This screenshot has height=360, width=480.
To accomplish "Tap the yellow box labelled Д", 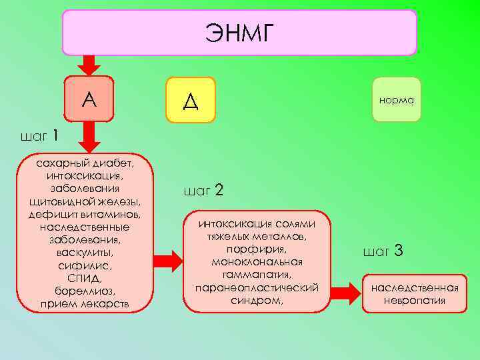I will [x=191, y=100].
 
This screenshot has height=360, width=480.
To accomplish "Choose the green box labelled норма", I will [x=396, y=100].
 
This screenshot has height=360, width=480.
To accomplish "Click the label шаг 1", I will [x=40, y=136].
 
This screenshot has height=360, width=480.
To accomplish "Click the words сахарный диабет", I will [x=85, y=163].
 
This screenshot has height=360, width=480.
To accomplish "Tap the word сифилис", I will [x=85, y=265].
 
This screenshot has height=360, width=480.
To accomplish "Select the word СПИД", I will [x=85, y=278].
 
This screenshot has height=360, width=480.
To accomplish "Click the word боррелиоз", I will [x=85, y=291].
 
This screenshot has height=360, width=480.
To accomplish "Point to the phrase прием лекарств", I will [x=85, y=304].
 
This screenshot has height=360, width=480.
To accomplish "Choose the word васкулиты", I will [x=85, y=253].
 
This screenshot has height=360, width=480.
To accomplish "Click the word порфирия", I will [x=257, y=249].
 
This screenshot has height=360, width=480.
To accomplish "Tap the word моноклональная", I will [x=257, y=262].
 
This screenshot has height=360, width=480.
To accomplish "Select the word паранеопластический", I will [x=257, y=287].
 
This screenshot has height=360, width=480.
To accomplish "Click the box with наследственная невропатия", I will [x=415, y=293].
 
